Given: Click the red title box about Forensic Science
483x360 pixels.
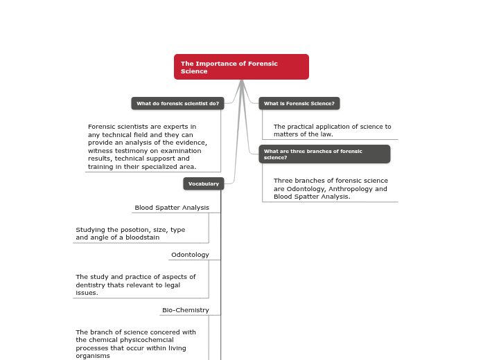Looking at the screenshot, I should click(241, 67).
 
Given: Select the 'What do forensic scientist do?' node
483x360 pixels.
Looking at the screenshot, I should click(177, 104).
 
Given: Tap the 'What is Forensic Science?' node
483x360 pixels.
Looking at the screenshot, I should click(299, 104).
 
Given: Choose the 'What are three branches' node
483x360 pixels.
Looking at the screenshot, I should click(324, 154).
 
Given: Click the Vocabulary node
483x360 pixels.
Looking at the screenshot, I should click(204, 183).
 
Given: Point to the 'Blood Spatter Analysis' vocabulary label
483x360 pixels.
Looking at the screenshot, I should click(172, 208).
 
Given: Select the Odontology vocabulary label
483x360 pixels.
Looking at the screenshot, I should click(190, 255).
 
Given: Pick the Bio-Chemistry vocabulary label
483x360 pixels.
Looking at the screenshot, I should click(186, 310).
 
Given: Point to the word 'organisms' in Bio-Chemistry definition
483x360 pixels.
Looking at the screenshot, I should click(93, 356).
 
